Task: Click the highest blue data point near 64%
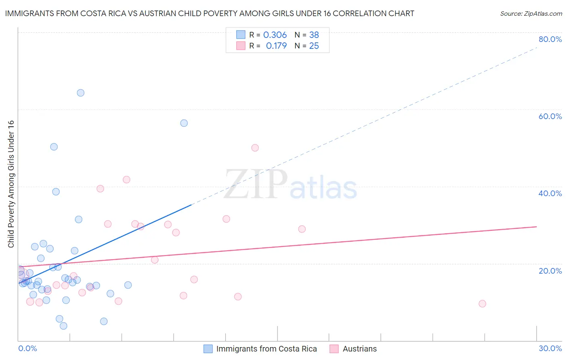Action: pyautogui.click(x=81, y=93)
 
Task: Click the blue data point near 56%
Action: pyautogui.click(x=184, y=123)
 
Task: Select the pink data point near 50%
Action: pyautogui.click(x=255, y=148)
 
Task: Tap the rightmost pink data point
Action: pyautogui.click(x=482, y=303)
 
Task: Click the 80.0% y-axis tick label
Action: pyautogui.click(x=550, y=39)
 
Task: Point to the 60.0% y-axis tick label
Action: pyautogui.click(x=550, y=116)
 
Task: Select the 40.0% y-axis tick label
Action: pyautogui.click(x=550, y=193)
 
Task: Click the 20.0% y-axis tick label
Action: pyautogui.click(x=550, y=270)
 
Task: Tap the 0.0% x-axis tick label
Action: pyautogui.click(x=27, y=348)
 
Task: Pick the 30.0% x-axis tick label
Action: pyautogui.click(x=550, y=348)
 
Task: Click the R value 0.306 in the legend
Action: pyautogui.click(x=275, y=35)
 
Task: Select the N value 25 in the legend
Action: pyautogui.click(x=314, y=46)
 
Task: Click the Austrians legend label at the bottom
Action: pyautogui.click(x=360, y=349)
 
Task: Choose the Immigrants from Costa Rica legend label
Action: pyautogui.click(x=267, y=349)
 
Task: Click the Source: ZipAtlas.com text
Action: pyautogui.click(x=531, y=14)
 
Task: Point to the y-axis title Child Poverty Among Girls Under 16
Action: pyautogui.click(x=11, y=184)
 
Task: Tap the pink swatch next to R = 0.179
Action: pyautogui.click(x=241, y=46)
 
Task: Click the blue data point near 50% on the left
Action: pyautogui.click(x=54, y=147)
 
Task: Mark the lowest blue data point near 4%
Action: pyautogui.click(x=63, y=326)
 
